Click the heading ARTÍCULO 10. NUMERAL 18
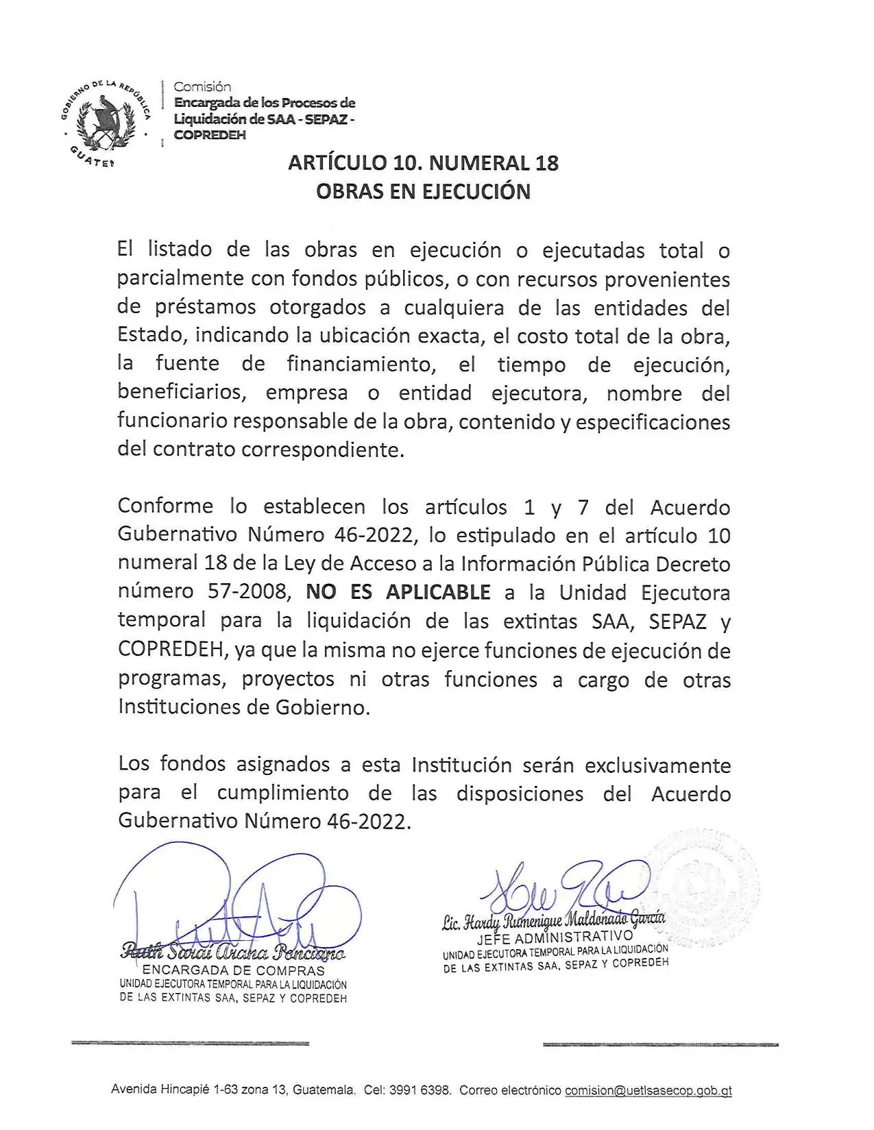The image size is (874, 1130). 423,163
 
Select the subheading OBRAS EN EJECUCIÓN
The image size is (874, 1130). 423,191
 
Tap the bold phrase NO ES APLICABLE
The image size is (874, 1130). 398,592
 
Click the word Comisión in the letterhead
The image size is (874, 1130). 202,87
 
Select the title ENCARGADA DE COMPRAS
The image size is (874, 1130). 233,970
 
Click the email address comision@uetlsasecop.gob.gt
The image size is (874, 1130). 648,1090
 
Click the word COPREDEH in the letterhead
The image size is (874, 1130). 210,135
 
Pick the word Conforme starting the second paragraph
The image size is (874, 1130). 166,507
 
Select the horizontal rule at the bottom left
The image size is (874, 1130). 190,1044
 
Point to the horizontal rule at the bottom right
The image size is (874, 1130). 660,1044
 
